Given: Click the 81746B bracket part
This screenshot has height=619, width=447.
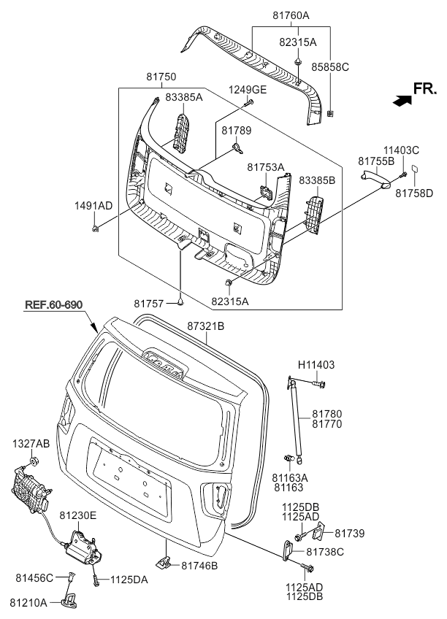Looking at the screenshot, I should (164, 561).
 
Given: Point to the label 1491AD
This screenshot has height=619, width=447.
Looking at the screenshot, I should (93, 206).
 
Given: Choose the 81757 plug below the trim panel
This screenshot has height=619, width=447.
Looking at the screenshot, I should (179, 301).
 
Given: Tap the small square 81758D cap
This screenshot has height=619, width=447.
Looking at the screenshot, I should (413, 169).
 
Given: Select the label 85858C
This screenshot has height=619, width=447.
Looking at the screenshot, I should (330, 66).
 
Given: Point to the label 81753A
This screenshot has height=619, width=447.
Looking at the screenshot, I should (265, 167).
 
